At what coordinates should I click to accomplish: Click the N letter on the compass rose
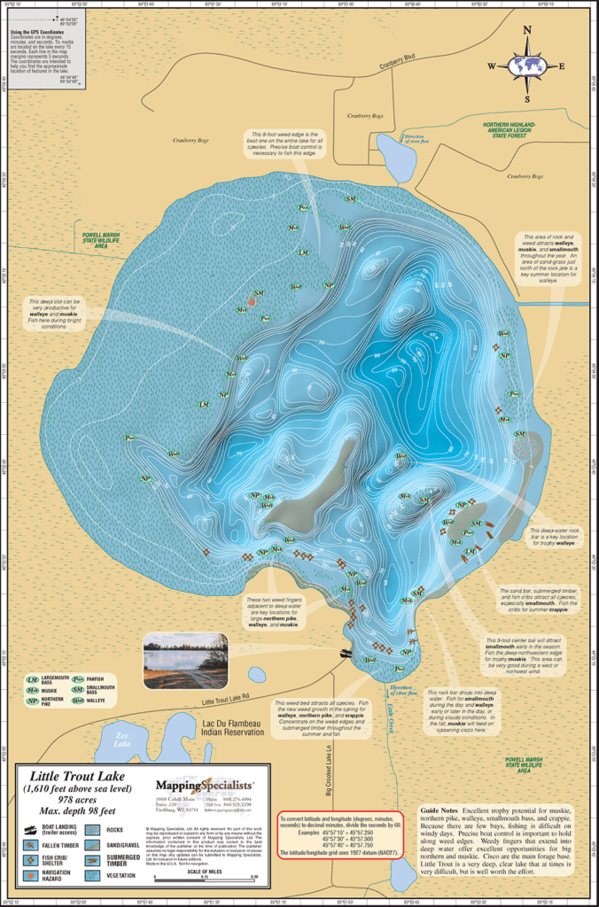528,29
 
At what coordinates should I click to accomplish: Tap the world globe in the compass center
528,66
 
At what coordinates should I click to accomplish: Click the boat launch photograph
185,659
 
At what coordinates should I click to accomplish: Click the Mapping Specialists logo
205,785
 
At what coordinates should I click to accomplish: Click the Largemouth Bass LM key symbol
33,679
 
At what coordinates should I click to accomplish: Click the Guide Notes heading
443,810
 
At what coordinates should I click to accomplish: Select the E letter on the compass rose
562,66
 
